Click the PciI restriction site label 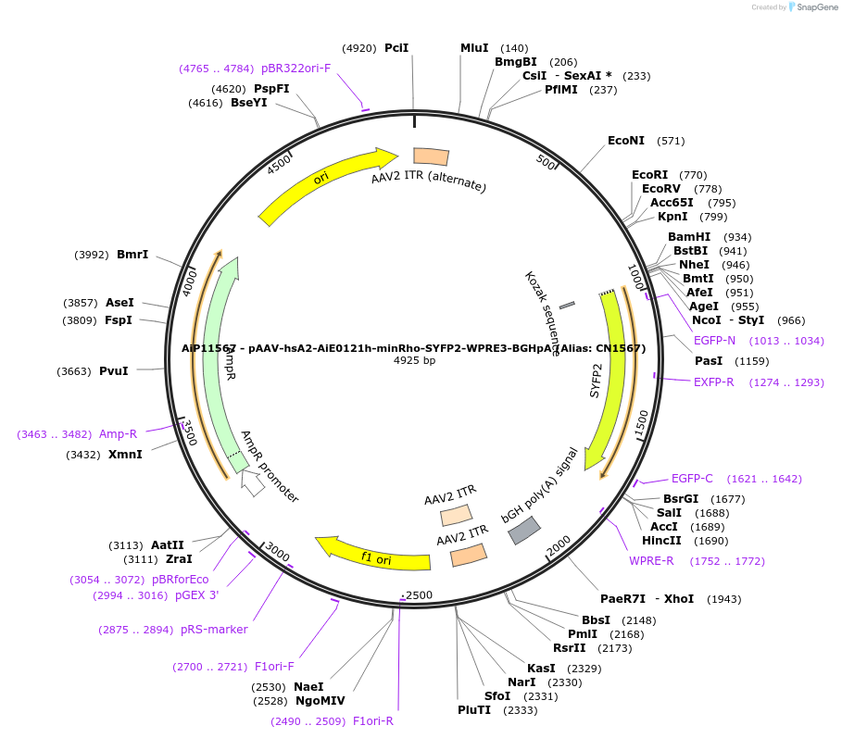tap(396, 48)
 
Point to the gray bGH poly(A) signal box tap(524, 530)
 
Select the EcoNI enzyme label tap(626, 141)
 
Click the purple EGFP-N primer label tap(714, 341)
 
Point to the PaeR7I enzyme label tap(623, 599)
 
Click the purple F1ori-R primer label tap(373, 721)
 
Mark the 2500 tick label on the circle tap(420, 594)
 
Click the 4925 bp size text tap(414, 360)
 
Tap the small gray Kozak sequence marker tap(567, 304)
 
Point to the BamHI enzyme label tap(689, 237)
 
